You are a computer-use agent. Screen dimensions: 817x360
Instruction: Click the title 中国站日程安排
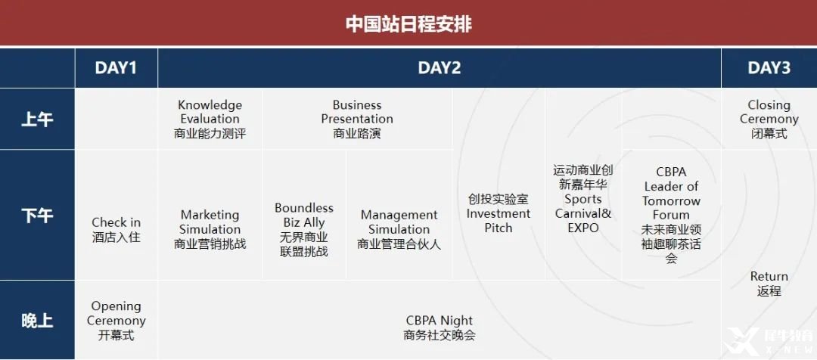coord(408,24)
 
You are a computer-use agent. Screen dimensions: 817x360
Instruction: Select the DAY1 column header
coord(116,68)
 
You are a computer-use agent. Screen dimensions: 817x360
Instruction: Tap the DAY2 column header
coord(440,68)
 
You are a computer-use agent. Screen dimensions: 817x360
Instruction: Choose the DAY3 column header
coord(769,68)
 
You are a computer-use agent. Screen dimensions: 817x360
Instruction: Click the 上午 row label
coord(37,119)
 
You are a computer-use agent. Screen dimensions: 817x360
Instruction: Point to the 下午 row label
coord(37,215)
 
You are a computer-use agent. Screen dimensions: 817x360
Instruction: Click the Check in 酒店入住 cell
coord(116,230)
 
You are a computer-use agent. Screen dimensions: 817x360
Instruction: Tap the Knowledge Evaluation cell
coord(210,119)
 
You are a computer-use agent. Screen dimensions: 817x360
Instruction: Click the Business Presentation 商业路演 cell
coord(357,119)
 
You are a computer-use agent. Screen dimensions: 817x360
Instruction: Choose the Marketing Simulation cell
coord(210,229)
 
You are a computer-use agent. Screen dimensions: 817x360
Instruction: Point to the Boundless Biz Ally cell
coord(304,229)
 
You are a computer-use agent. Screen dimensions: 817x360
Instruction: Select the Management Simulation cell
coord(399,229)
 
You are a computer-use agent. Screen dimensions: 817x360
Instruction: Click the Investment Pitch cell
coord(499,213)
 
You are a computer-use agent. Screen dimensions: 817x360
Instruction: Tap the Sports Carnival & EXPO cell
coord(583,199)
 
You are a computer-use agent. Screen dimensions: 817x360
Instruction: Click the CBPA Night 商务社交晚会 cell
coord(440,327)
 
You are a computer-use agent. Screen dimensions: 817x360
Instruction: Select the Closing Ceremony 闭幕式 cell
coord(769,119)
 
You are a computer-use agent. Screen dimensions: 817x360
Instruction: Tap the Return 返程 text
coord(769,284)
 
